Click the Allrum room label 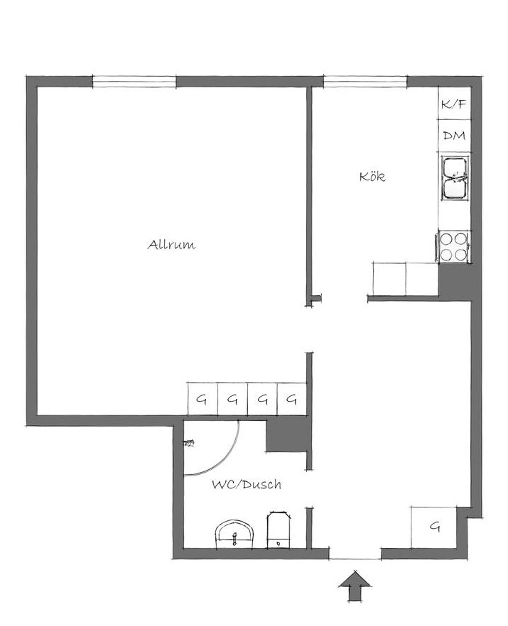(x=171, y=244)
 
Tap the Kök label (x=372, y=177)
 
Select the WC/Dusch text (x=247, y=485)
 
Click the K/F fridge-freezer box (x=454, y=104)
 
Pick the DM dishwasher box (x=454, y=136)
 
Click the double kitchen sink (x=454, y=177)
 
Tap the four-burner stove (x=453, y=247)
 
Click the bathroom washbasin (x=234, y=534)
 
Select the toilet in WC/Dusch (x=279, y=529)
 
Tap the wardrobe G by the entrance (x=434, y=527)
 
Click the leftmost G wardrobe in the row (x=202, y=399)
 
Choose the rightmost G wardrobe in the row (x=292, y=399)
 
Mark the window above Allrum (x=134, y=82)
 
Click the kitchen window (x=365, y=82)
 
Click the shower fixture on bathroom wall (x=188, y=443)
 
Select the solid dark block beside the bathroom (x=286, y=435)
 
